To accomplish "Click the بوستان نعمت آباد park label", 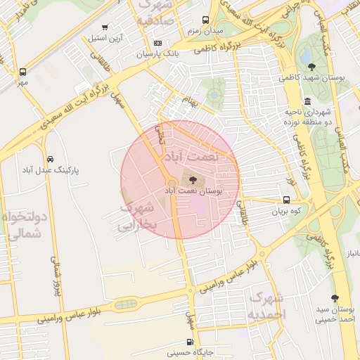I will [x=193, y=191].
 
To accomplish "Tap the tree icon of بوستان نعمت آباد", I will [x=193, y=180].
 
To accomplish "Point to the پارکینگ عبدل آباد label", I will [x=51, y=171].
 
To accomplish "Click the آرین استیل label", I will [x=105, y=37].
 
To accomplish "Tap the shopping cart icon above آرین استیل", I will [x=105, y=27].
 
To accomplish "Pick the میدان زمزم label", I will [x=205, y=31].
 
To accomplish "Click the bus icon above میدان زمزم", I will [x=205, y=20].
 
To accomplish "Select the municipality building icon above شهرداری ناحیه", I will [x=309, y=101].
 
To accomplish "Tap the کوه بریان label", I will [x=288, y=210].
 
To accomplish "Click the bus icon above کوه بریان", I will [x=286, y=200].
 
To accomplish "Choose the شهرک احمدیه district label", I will [x=266, y=305].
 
